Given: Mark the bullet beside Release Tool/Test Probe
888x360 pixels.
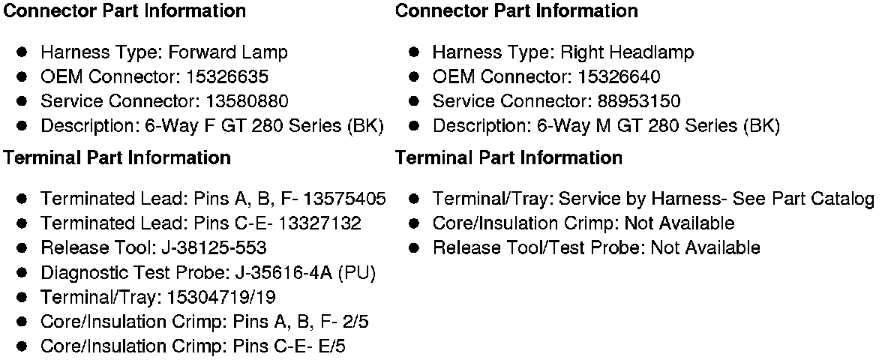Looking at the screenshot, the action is (x=415, y=247).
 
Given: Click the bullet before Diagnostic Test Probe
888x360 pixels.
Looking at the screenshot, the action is (x=23, y=272).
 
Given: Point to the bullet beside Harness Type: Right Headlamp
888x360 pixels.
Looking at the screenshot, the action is (x=415, y=52).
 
